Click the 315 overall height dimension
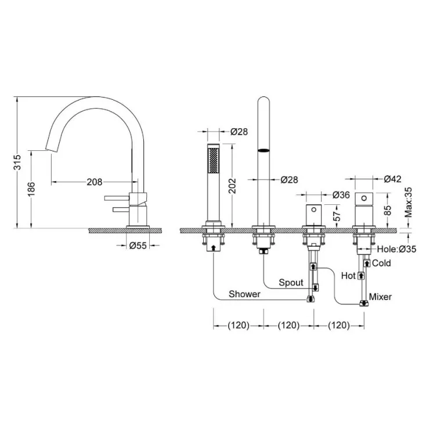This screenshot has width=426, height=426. click(x=17, y=162)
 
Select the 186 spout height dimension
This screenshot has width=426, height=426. click(x=31, y=189)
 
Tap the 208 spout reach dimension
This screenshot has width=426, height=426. click(x=95, y=182)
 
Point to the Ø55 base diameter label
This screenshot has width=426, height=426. click(x=138, y=246)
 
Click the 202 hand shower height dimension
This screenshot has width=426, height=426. click(x=232, y=186)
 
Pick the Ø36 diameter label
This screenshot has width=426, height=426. click(x=341, y=195)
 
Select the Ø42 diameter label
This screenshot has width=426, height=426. click(x=392, y=179)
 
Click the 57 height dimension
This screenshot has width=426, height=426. click(x=337, y=216)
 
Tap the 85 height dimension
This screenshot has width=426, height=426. click(x=388, y=210)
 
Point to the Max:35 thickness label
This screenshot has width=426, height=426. click(x=409, y=203)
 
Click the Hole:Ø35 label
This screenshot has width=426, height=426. click(x=396, y=249)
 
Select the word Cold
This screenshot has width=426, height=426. click(x=381, y=263)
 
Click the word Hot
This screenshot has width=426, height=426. click(x=348, y=276)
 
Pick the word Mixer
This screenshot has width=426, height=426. click(x=380, y=297)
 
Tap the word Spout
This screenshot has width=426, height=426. click(x=291, y=283)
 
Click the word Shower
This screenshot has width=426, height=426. click(x=244, y=294)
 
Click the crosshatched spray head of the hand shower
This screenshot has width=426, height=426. click(x=214, y=160)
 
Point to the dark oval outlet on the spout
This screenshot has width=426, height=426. click(x=263, y=150)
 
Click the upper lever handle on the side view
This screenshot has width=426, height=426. click(x=117, y=198)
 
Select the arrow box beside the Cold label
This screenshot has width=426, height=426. click(x=367, y=263)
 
